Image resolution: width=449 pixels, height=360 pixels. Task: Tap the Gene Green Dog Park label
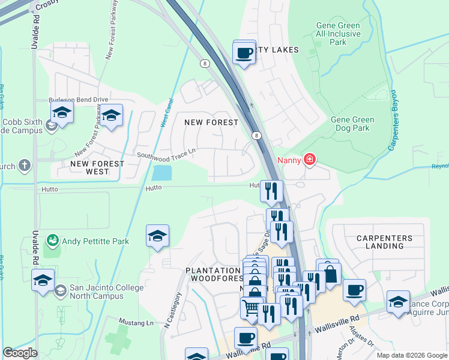[x=352, y=124]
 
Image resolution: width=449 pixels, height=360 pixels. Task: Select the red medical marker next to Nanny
[x=310, y=160]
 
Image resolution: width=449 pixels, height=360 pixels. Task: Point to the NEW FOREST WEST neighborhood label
[x=97, y=167]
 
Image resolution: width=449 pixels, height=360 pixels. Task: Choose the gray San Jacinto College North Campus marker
[x=60, y=291]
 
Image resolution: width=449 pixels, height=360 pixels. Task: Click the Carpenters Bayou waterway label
[x=394, y=120]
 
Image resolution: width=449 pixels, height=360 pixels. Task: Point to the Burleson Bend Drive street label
[x=78, y=100]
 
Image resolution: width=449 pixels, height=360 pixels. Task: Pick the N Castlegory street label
[x=173, y=310]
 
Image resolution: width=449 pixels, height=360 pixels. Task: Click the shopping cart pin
[x=252, y=308]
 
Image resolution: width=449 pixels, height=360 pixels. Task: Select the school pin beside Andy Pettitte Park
[x=157, y=236]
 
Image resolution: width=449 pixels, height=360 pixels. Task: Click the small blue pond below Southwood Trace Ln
[x=161, y=173]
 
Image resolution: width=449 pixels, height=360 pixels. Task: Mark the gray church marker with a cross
[x=24, y=165]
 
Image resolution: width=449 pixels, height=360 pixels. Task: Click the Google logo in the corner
[x=20, y=353]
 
